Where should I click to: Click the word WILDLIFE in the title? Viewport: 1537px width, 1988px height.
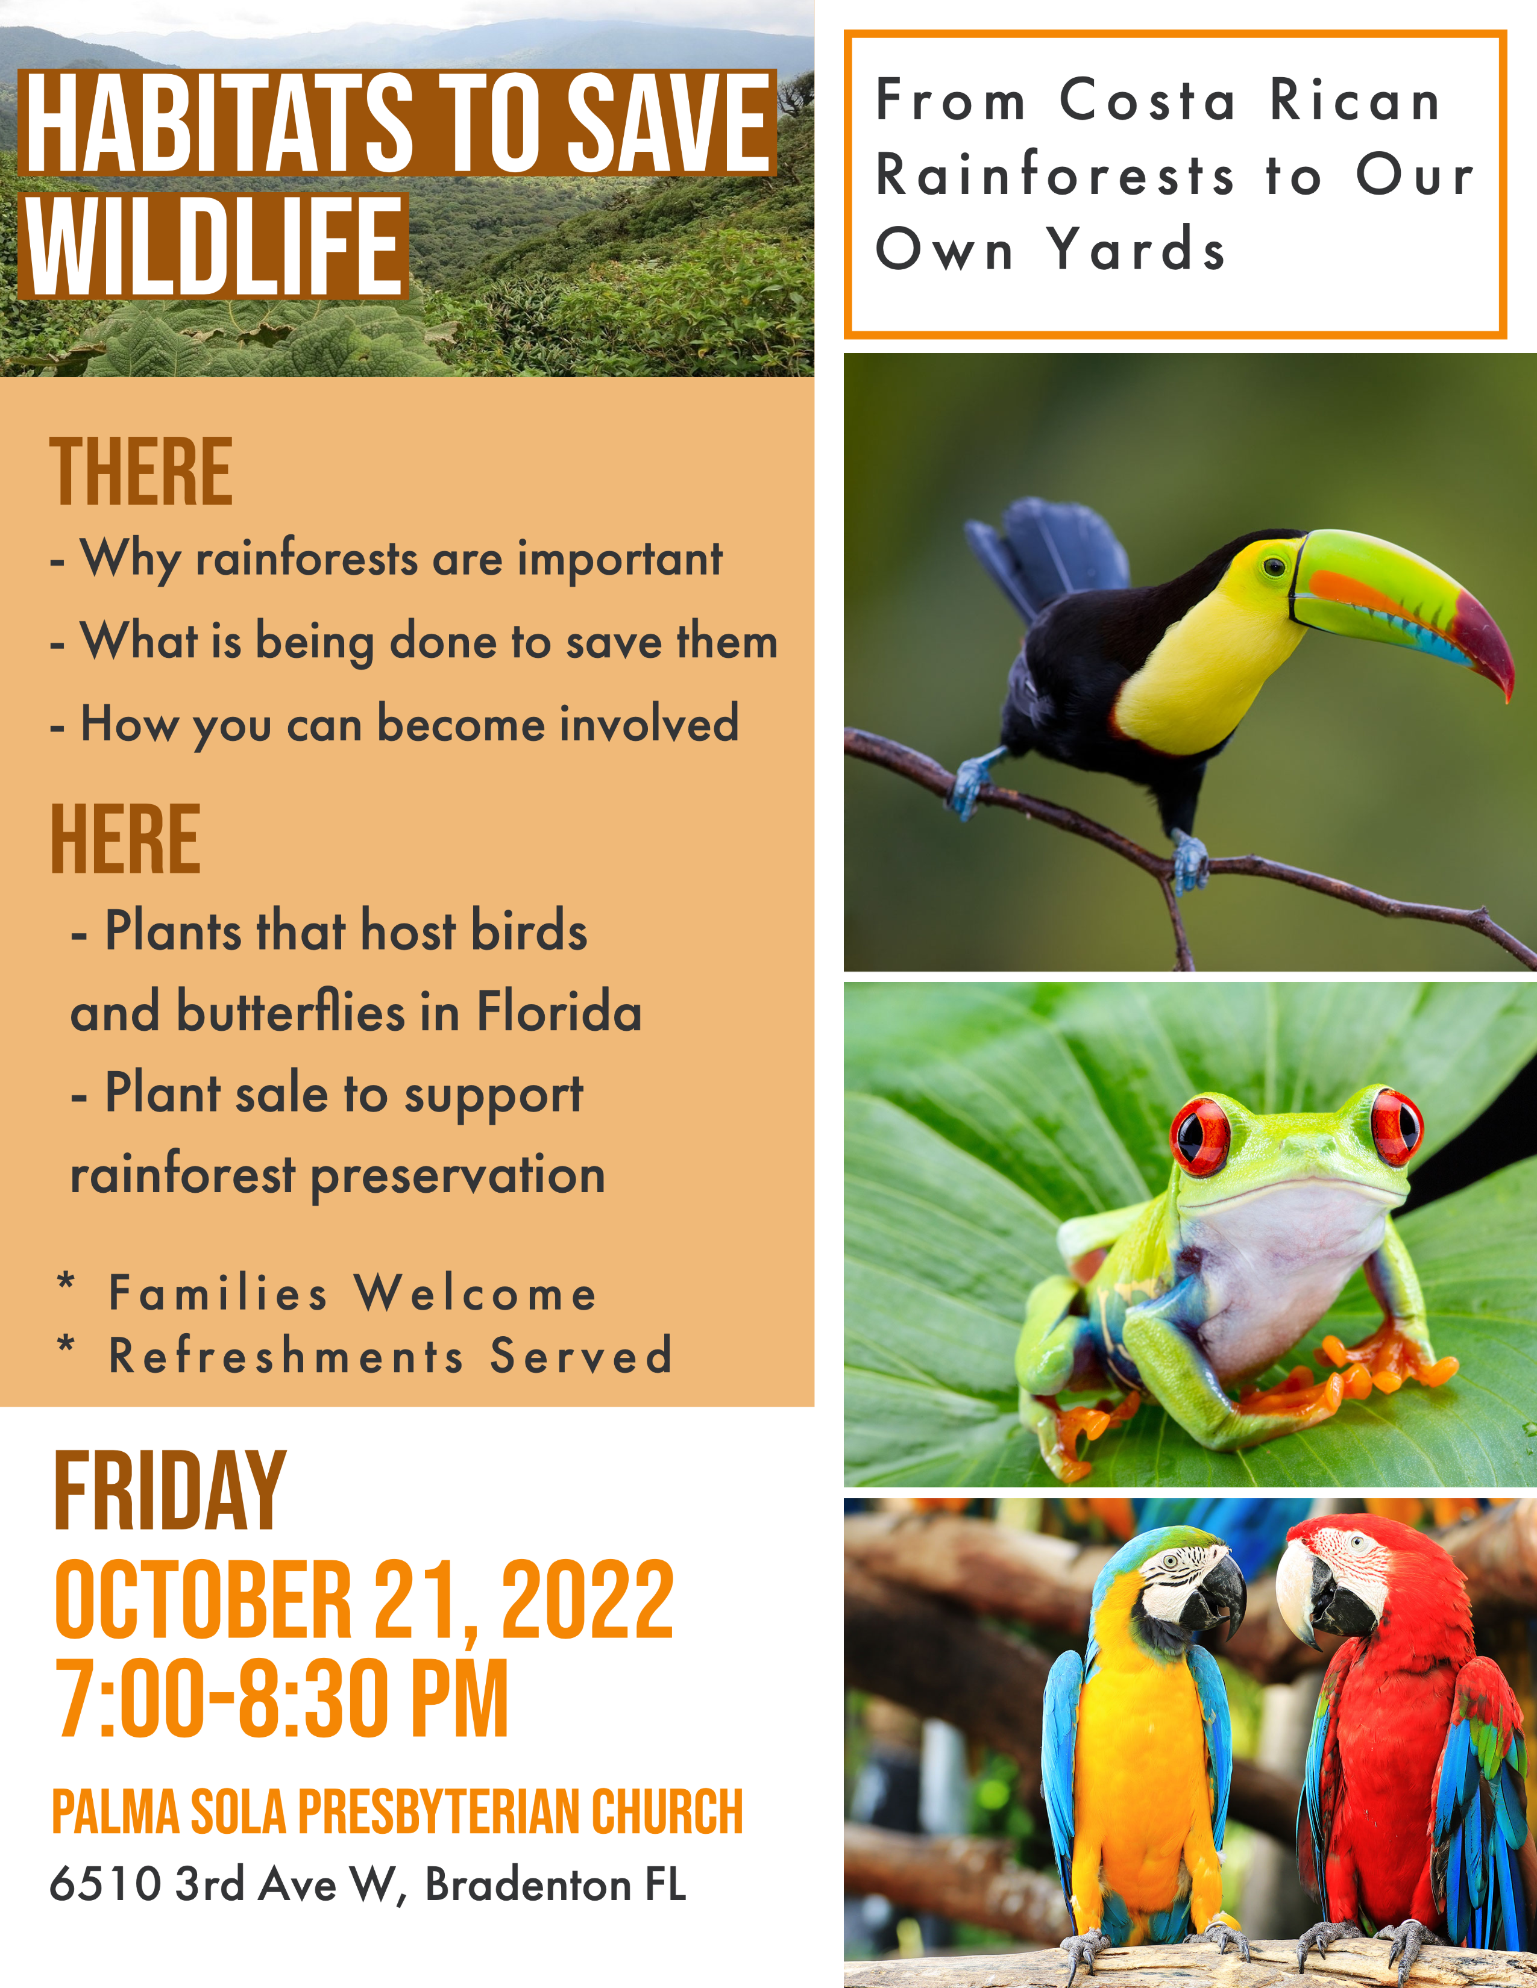point(214,246)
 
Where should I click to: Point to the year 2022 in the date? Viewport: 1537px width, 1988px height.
point(587,1599)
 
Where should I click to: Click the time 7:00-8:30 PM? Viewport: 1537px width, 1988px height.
point(281,1699)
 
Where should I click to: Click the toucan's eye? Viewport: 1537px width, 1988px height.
point(1274,567)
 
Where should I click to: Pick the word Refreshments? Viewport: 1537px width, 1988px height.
point(287,1355)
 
